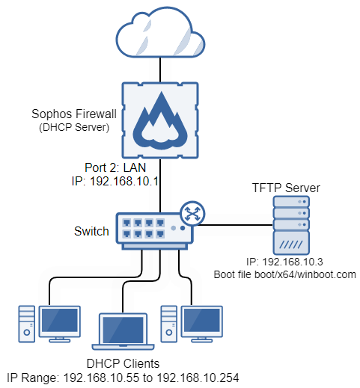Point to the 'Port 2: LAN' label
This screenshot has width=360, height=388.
(x=114, y=167)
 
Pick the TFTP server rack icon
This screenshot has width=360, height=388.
(x=288, y=228)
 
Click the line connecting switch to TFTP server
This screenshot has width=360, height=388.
(x=232, y=224)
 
